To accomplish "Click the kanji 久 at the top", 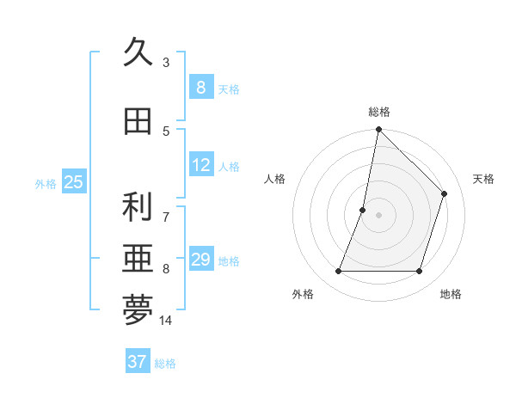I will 138,52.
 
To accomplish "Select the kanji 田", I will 138,121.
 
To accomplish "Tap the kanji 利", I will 138,207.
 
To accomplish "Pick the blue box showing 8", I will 200,88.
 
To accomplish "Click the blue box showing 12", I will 200,165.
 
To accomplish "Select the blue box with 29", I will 200,260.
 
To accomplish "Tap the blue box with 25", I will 73,182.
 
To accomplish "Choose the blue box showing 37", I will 137,362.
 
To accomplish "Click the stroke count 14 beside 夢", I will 166,321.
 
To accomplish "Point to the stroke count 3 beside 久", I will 166,62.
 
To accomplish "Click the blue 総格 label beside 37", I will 165,364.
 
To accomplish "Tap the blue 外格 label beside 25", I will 46,183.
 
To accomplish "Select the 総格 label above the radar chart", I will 378,112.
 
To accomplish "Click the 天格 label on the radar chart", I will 483,179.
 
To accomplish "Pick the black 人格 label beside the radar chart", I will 274,179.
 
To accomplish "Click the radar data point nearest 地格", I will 419,272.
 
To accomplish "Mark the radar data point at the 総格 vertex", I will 378,130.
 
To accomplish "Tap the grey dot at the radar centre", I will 378,215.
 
